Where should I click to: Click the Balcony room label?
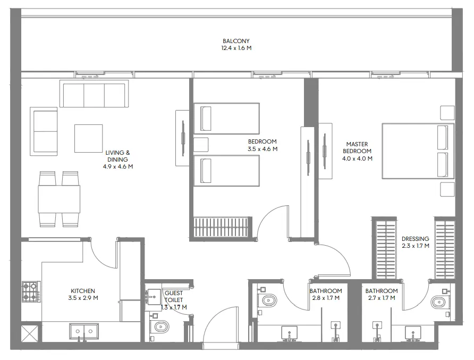click(236, 41)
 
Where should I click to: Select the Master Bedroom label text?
click(357, 147)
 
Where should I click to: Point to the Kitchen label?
click(83, 291)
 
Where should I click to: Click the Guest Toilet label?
click(174, 297)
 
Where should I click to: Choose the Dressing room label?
click(415, 239)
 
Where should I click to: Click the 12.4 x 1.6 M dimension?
click(236, 48)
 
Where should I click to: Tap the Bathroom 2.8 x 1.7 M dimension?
click(326, 298)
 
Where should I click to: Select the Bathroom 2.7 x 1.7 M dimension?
click(381, 298)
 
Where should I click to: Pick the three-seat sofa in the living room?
click(94, 95)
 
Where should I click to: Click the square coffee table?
click(88, 138)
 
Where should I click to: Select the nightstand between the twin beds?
click(200, 145)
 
